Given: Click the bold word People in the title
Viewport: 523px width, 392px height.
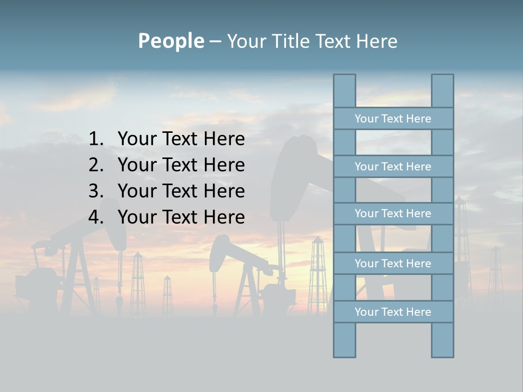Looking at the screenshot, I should pos(171,41).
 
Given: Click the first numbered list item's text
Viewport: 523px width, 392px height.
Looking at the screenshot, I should pos(181,139).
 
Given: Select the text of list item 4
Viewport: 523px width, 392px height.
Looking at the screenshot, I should pos(181,217).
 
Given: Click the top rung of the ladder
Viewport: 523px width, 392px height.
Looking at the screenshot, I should pos(393,119).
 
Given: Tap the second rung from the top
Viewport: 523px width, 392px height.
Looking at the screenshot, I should pos(393,167).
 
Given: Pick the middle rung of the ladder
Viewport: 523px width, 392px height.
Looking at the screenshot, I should pos(393,213).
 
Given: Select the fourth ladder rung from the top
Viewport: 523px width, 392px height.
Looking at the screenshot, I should pos(393,264).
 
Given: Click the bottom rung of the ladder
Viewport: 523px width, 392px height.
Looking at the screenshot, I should pos(393,312).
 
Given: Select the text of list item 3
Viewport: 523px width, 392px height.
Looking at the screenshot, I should pos(181,191).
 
